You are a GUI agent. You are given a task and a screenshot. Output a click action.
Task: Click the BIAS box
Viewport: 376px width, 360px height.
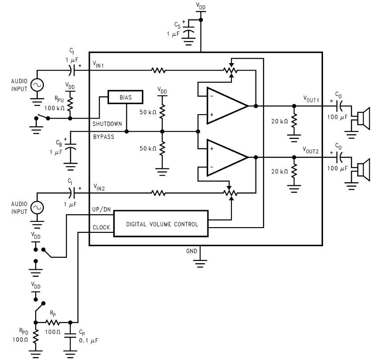[126, 96]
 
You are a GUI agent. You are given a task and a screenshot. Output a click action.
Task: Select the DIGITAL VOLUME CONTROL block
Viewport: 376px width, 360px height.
[162, 224]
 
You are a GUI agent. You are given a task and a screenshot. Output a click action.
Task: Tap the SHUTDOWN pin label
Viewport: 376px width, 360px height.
[107, 124]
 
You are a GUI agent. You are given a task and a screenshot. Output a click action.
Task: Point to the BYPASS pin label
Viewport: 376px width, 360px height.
[104, 137]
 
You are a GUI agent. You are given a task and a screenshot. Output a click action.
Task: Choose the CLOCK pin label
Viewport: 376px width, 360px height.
[101, 227]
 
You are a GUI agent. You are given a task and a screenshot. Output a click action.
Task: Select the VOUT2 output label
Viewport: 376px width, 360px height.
[311, 150]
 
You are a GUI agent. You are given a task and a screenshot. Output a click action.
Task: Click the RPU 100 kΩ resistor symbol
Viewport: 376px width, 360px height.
[70, 104]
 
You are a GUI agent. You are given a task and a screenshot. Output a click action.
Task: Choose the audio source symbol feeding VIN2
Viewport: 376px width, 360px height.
[36, 207]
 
